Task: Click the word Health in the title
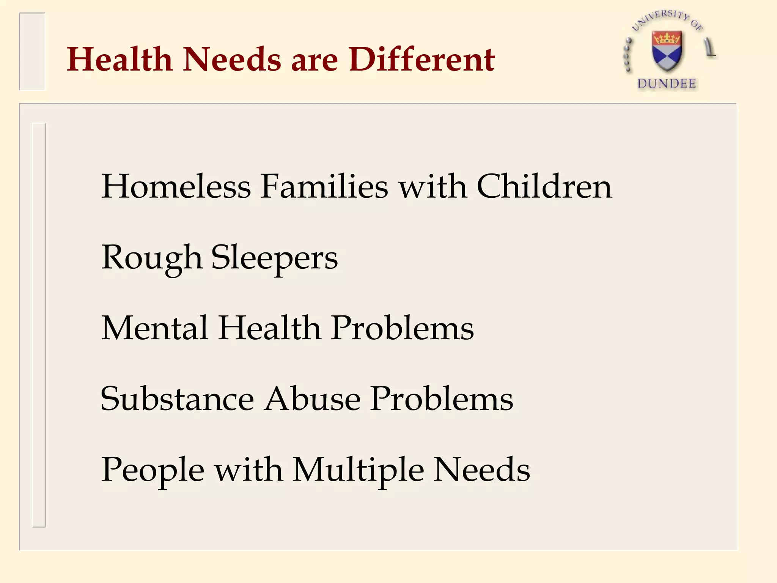click(x=120, y=60)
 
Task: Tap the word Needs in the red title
click(x=232, y=60)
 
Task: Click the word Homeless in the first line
click(x=176, y=186)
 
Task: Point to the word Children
click(x=544, y=186)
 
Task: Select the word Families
click(x=325, y=186)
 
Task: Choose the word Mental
click(x=155, y=328)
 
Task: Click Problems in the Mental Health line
click(x=403, y=328)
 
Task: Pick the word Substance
click(x=177, y=399)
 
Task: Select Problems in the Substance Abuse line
click(x=442, y=399)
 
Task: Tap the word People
click(x=153, y=470)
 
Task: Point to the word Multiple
click(x=359, y=470)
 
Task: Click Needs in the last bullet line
click(x=482, y=470)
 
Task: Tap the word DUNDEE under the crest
click(x=667, y=84)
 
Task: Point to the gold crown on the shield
click(x=667, y=38)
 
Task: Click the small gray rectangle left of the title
click(x=32, y=52)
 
